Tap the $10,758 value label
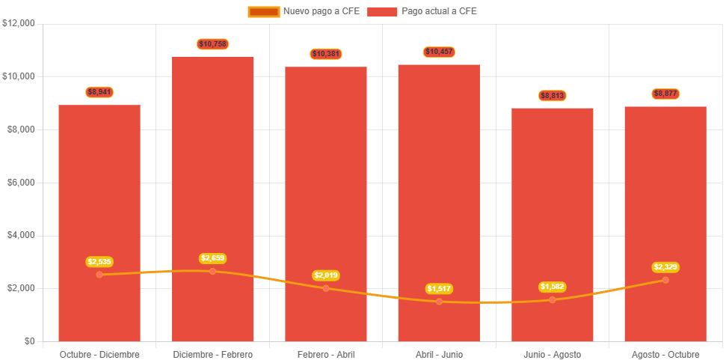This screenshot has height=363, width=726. [213, 44]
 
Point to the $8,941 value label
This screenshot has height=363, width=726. [99, 92]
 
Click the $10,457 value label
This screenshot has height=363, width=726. [439, 52]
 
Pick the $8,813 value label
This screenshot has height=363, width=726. [553, 96]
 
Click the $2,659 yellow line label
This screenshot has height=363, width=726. [213, 258]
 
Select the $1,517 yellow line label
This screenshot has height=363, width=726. [439, 289]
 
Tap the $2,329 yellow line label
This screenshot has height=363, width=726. [665, 267]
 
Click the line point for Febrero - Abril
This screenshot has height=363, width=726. [326, 288]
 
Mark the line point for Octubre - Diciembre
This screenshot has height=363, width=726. [99, 275]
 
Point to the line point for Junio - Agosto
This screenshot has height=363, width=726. [553, 299]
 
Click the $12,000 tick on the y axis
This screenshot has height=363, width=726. [19, 23]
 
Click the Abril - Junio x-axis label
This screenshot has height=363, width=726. [439, 354]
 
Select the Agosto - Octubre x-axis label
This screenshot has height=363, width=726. [665, 354]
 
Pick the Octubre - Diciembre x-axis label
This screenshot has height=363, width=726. [99, 354]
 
